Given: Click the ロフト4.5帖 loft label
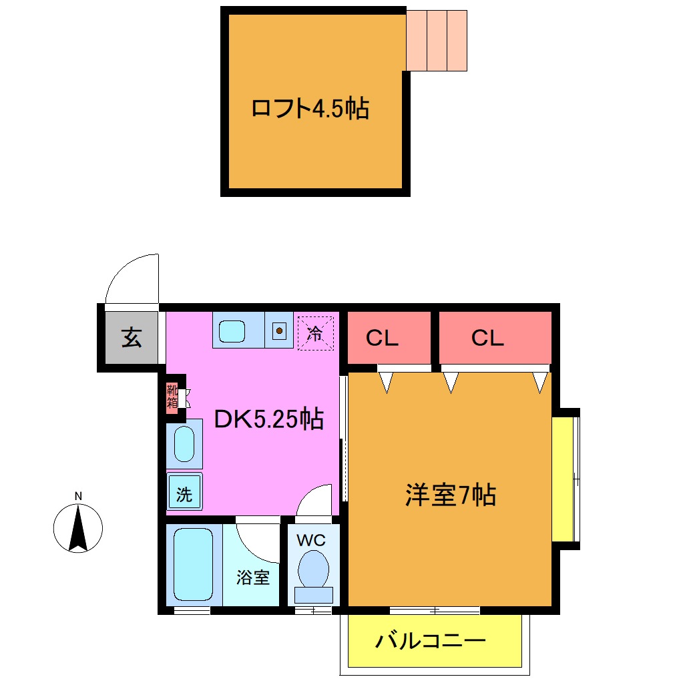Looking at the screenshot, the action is click(x=310, y=107).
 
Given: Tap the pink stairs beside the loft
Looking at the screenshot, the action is click(x=437, y=40).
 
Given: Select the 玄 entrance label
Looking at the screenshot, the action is click(x=132, y=338).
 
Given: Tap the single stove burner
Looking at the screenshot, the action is click(x=279, y=329).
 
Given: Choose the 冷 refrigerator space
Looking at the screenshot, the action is click(x=314, y=332).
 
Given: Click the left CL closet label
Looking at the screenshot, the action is click(x=382, y=338).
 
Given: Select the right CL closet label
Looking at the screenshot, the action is click(x=487, y=338).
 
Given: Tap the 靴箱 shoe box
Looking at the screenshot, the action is click(x=172, y=397).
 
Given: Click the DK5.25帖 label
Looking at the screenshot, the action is click(x=268, y=419).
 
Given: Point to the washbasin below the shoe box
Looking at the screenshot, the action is click(x=184, y=443).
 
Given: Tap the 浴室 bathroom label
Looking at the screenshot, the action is click(x=253, y=578).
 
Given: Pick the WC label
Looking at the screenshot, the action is click(x=312, y=539).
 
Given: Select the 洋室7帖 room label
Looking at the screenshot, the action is click(x=450, y=495).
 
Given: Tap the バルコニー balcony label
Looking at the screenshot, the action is click(x=430, y=642).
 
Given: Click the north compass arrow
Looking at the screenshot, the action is click(x=78, y=528).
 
